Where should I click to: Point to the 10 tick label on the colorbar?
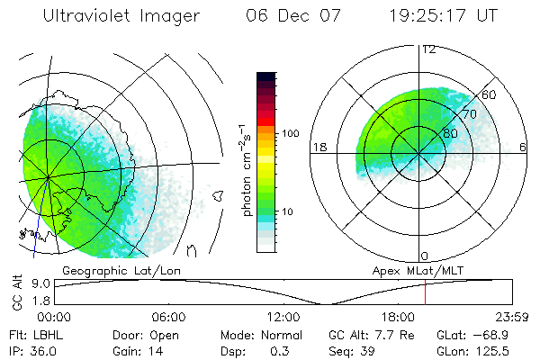coord(290,212)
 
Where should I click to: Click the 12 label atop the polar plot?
coord(428,49)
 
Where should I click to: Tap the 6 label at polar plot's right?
coord(523,146)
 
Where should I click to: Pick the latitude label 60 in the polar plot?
coord(490,94)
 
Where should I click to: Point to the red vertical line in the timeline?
coord(425,292)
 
